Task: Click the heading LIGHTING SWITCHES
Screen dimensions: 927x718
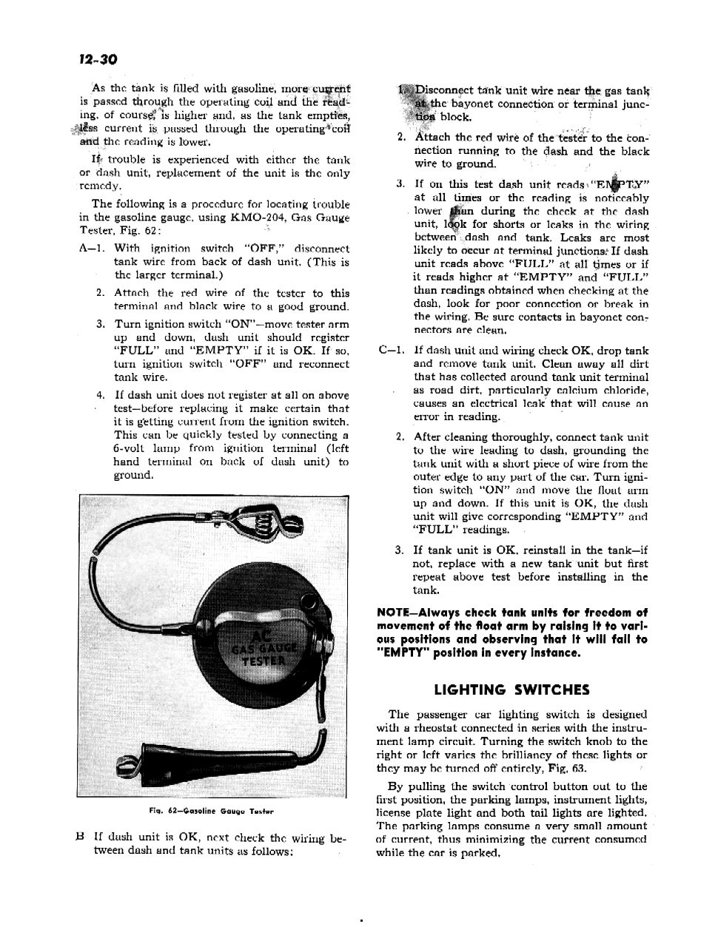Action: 511,690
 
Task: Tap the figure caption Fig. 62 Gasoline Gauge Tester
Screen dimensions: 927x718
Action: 212,811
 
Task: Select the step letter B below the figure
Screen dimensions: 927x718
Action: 80,837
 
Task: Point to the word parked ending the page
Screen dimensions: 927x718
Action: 482,852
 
